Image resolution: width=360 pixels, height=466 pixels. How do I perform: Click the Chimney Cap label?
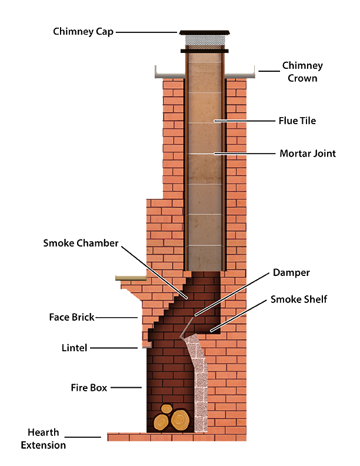click(x=83, y=32)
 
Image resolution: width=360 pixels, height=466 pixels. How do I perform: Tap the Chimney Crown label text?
click(x=302, y=72)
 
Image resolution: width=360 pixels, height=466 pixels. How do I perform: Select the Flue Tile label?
click(x=297, y=121)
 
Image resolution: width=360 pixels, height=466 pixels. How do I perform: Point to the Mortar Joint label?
click(x=308, y=154)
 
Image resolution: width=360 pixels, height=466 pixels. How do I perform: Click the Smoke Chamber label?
click(x=81, y=243)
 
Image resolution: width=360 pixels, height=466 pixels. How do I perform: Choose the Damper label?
click(x=291, y=272)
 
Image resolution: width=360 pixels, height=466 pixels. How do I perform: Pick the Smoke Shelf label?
click(x=299, y=299)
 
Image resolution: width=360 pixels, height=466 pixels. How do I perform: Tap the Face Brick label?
click(x=72, y=317)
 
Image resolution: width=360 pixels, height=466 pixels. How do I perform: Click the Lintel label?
click(x=74, y=348)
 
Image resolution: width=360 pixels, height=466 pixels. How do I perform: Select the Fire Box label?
click(x=89, y=388)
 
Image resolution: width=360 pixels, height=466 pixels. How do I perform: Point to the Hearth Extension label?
click(x=44, y=439)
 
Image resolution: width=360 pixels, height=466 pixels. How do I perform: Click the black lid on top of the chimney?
click(x=204, y=32)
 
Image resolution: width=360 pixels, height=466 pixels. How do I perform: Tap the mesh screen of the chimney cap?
click(x=204, y=40)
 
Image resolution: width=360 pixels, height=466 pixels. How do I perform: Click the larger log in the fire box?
click(x=180, y=420)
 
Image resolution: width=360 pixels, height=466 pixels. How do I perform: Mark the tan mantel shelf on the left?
click(x=131, y=278)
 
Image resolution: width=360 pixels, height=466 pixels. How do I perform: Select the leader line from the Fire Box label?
click(x=126, y=388)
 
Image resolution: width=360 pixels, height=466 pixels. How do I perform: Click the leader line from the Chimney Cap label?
click(x=146, y=32)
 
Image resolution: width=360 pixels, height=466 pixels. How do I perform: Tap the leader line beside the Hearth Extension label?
click(x=83, y=437)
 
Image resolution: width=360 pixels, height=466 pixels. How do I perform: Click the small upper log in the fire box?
click(x=166, y=409)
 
